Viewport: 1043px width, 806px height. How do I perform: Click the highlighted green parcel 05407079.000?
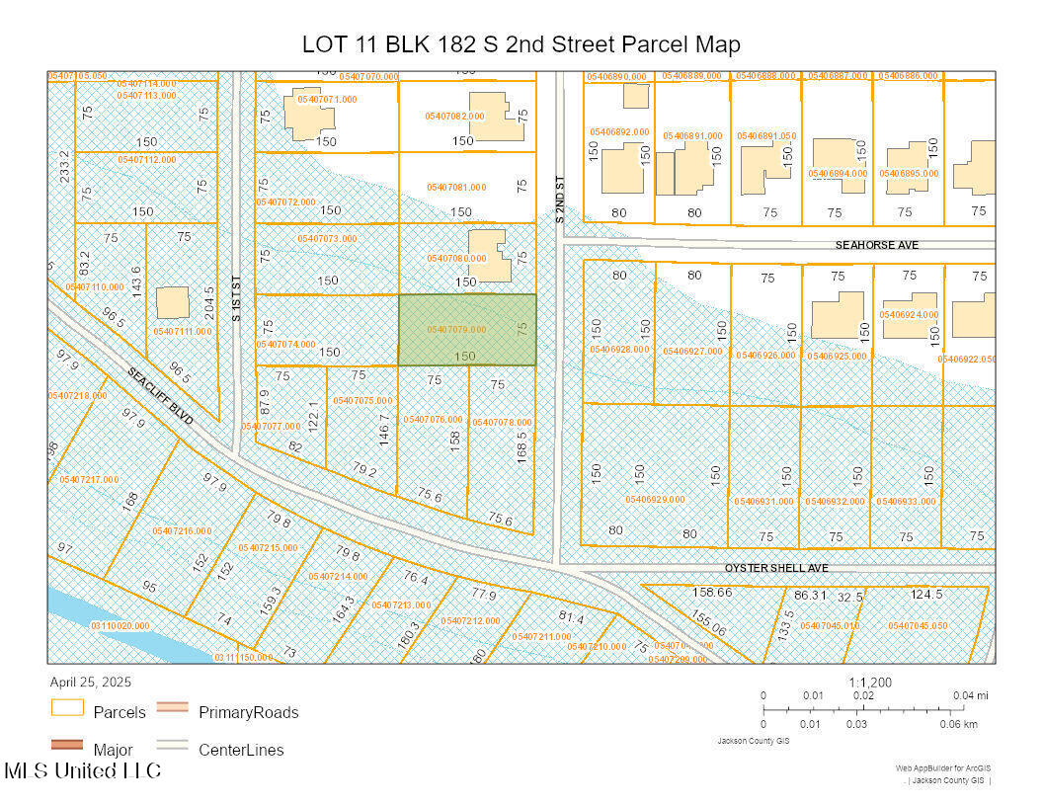pos(467,330)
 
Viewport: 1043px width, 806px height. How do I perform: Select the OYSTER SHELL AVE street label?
pos(776,568)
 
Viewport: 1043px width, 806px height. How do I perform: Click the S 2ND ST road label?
pos(560,200)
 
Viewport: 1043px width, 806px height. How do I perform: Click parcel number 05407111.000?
pos(182,331)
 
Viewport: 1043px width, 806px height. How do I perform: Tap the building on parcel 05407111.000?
pos(173,302)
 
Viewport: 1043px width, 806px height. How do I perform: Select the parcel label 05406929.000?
pos(655,500)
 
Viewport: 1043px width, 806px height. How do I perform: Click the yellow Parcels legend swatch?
pos(67,710)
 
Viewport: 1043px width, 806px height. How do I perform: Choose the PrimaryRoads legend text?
pos(248,712)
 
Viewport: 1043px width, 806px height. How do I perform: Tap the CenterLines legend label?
pos(241,750)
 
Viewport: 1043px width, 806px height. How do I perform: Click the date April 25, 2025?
pos(90,682)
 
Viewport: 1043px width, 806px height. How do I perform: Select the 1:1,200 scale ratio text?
pos(869,682)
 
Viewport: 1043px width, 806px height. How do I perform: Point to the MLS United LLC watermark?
pos(83,770)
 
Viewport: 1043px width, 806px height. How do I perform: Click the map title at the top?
pos(521,44)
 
